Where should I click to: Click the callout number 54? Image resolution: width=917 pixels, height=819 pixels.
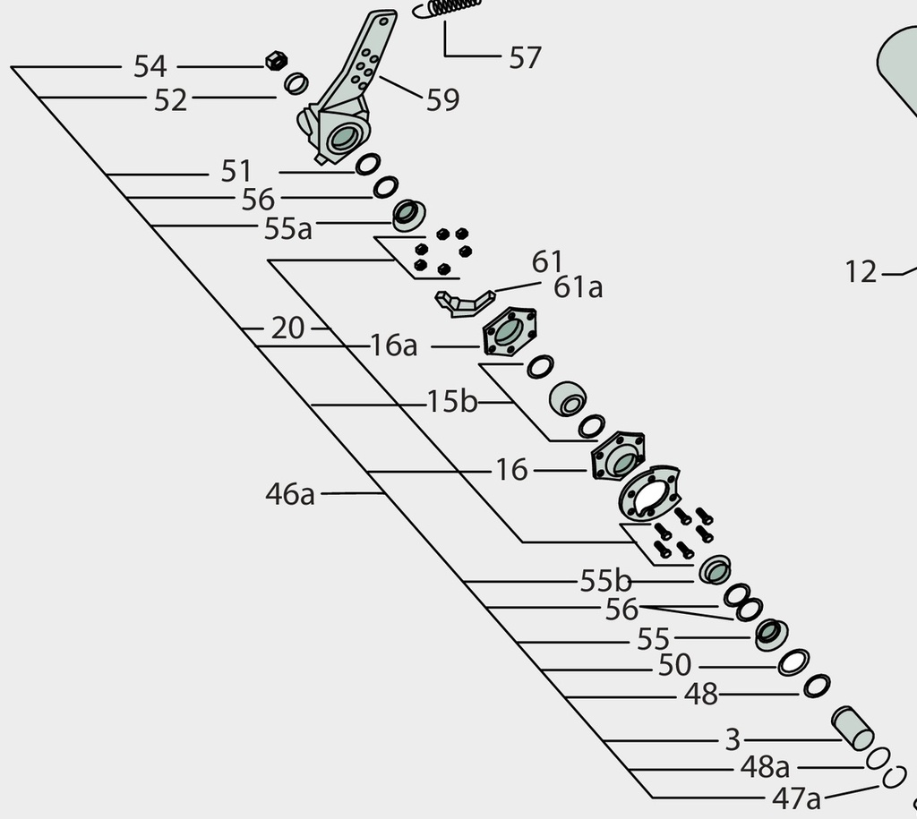click(x=150, y=66)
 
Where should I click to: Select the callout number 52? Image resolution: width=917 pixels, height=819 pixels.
click(x=170, y=100)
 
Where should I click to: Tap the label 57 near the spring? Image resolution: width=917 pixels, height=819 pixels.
click(x=525, y=58)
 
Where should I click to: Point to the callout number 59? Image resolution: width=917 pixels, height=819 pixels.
click(x=442, y=100)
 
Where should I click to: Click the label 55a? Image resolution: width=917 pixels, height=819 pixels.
click(x=287, y=228)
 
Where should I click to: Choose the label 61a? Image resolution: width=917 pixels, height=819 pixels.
click(x=578, y=287)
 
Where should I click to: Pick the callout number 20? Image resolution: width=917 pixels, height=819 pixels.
click(x=287, y=328)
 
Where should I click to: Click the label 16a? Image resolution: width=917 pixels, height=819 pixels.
click(x=394, y=346)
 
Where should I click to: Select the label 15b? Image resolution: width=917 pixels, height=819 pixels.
click(x=452, y=402)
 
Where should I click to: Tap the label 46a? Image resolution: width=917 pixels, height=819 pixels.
click(x=290, y=494)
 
